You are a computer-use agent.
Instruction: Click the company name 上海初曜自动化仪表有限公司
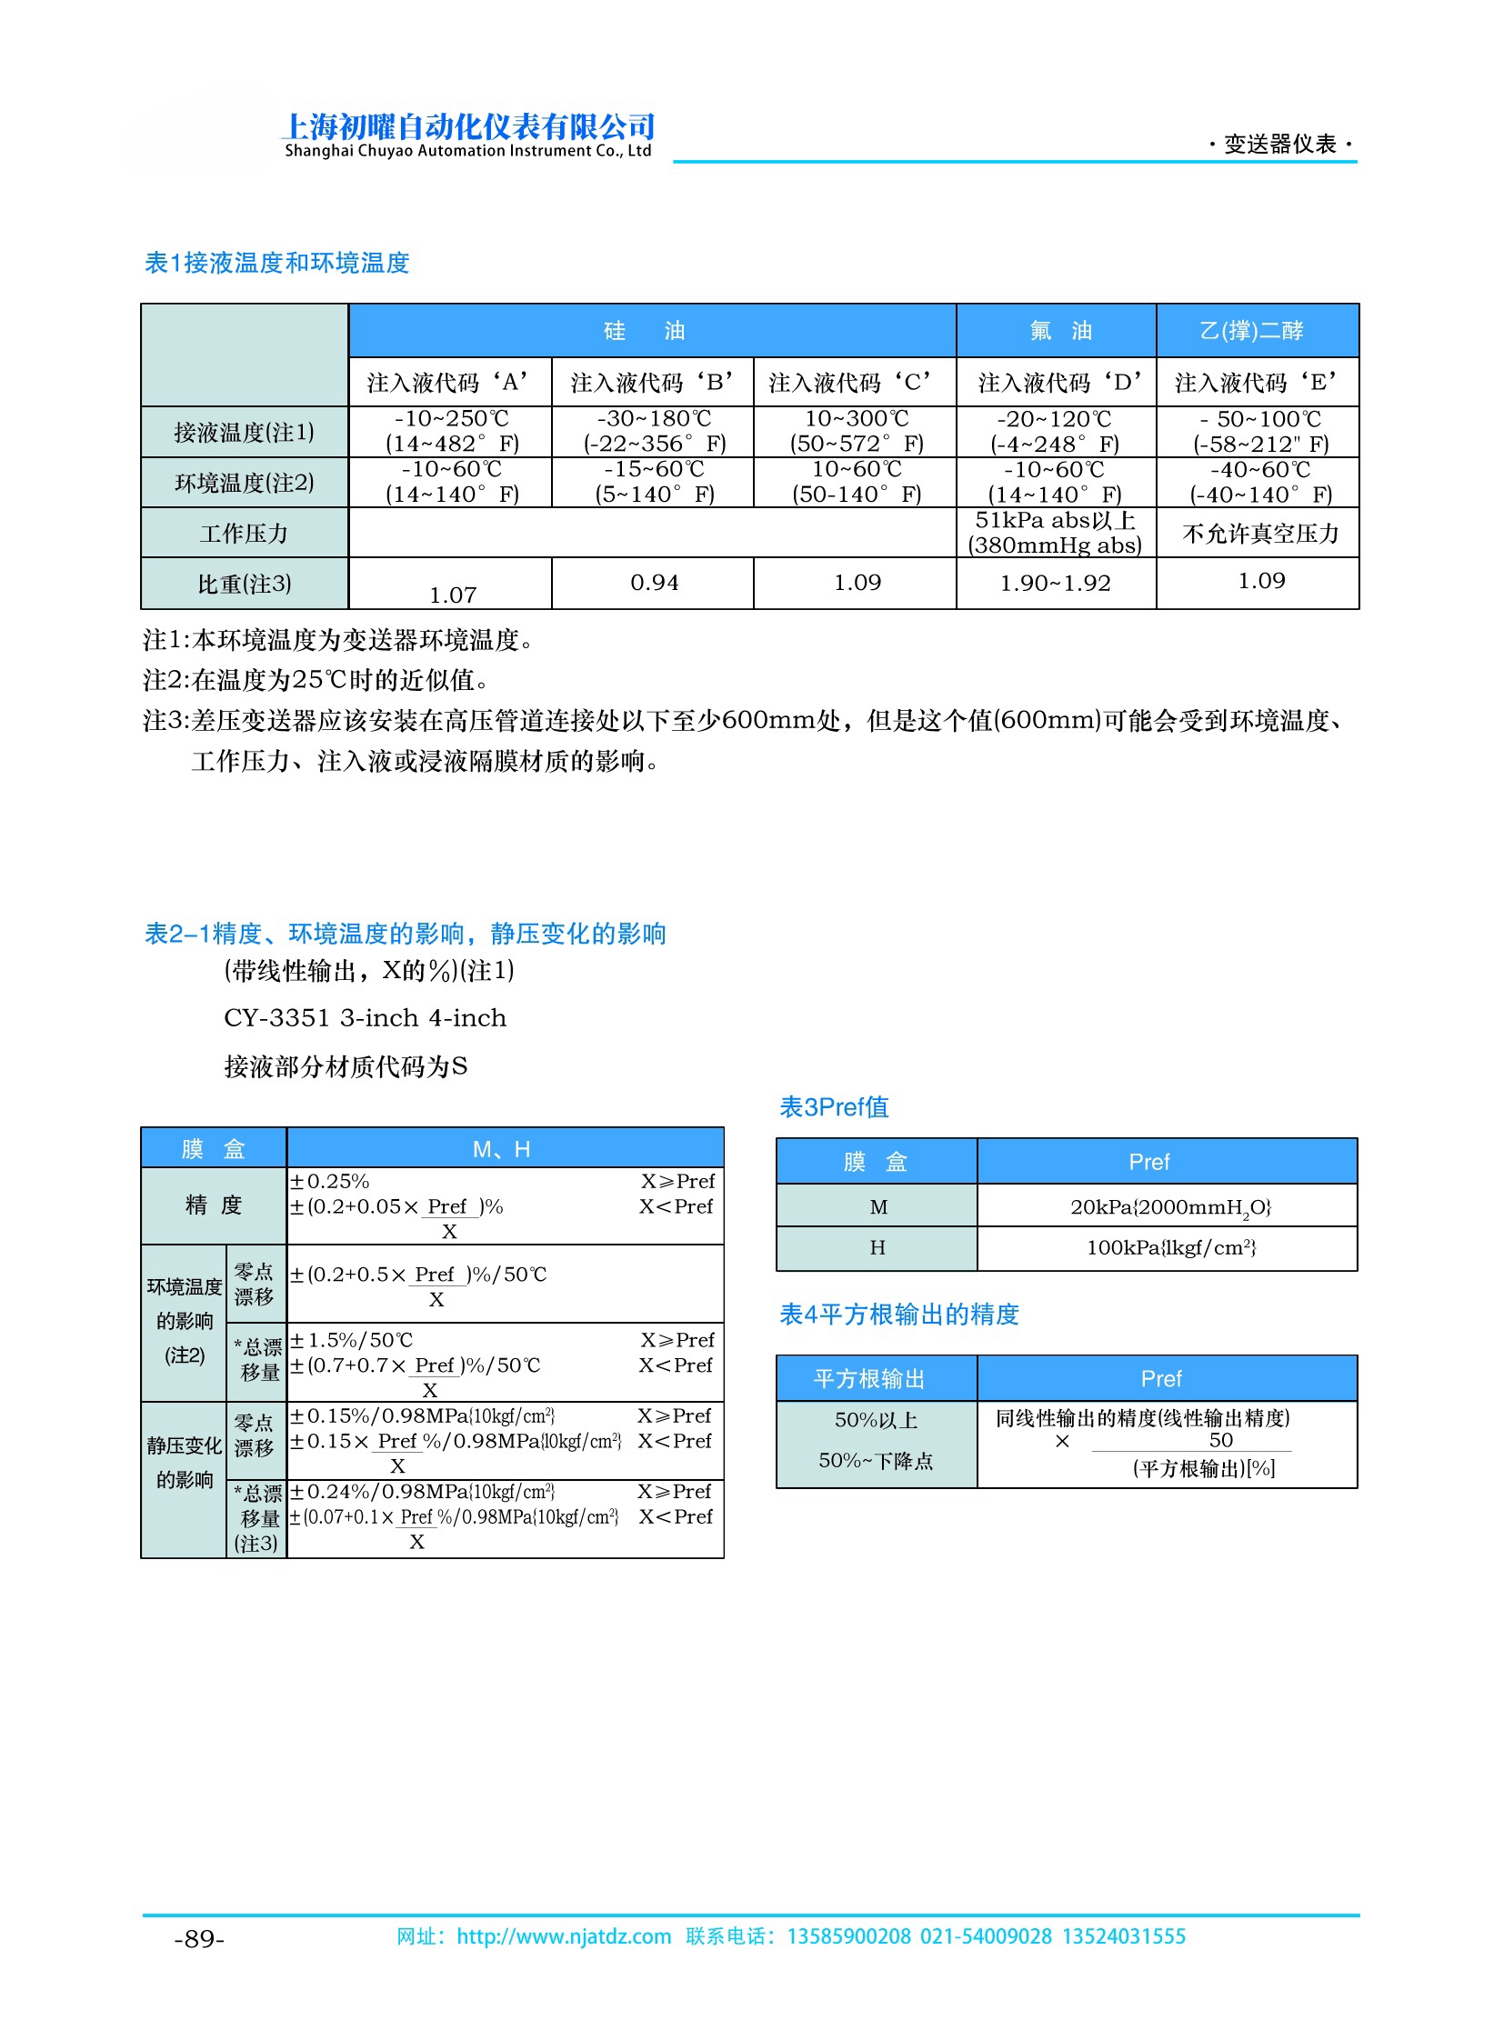point(468,126)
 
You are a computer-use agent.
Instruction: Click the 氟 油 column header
point(1055,330)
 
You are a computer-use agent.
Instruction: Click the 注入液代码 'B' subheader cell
point(652,383)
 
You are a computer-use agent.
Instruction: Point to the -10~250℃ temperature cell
point(452,420)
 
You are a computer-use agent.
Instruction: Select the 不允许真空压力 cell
point(1260,534)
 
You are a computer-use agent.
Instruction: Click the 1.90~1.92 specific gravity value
point(1055,584)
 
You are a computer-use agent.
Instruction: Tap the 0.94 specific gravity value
point(654,583)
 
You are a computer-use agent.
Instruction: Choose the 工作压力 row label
point(244,534)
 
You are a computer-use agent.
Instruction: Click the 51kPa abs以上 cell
point(1055,521)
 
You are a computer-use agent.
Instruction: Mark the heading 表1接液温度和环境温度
point(276,263)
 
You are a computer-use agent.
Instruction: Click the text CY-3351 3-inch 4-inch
point(365,1017)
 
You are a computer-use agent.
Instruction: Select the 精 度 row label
point(213,1205)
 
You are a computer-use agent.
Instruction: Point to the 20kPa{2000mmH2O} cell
point(1170,1207)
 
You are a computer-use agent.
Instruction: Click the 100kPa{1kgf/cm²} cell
point(1170,1248)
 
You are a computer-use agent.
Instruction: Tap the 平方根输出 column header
point(868,1379)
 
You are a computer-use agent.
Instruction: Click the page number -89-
point(198,1939)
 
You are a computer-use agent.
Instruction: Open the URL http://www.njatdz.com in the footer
point(564,1936)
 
